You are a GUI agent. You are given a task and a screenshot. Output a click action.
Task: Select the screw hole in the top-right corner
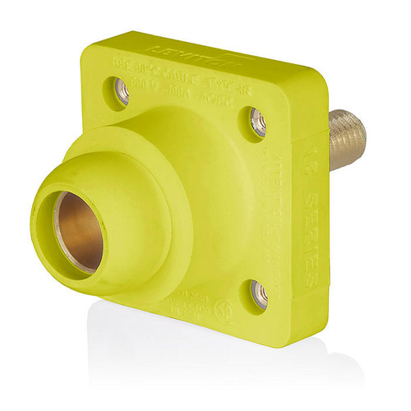pos(258,122)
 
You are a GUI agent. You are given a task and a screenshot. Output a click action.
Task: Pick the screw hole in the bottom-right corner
pos(259,292)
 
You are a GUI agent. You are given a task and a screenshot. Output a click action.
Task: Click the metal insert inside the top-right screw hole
pos(259,124)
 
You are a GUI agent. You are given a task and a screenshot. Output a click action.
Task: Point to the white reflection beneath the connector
pos(205,362)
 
